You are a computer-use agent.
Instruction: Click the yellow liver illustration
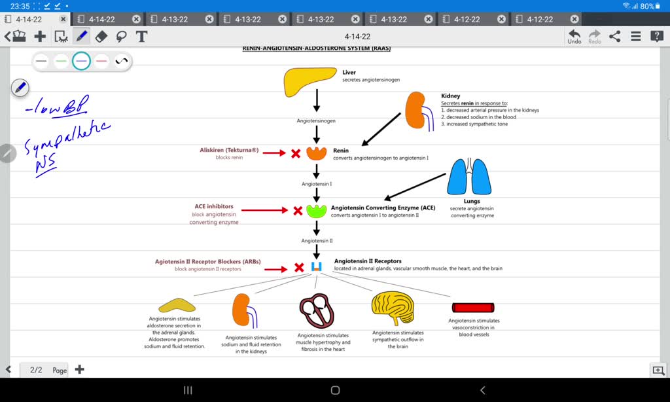click(x=311, y=82)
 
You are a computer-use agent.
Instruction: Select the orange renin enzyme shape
click(x=317, y=154)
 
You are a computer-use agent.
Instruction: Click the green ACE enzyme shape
click(x=317, y=211)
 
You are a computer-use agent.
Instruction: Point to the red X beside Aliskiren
click(x=296, y=154)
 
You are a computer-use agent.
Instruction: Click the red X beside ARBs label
click(x=299, y=267)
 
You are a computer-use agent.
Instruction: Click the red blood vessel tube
click(x=473, y=307)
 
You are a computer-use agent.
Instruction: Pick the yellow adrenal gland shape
click(x=177, y=305)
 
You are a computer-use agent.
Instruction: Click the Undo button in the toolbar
click(x=574, y=36)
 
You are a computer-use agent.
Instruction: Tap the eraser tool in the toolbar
click(x=101, y=36)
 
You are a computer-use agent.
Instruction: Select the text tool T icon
click(x=141, y=36)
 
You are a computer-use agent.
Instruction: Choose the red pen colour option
click(x=101, y=62)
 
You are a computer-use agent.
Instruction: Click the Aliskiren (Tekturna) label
click(x=229, y=150)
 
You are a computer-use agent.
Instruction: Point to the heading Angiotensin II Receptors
click(x=368, y=261)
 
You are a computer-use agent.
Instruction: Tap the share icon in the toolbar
click(x=614, y=36)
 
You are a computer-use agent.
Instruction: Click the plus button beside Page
click(x=80, y=369)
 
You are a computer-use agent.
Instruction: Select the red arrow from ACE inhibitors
click(x=264, y=210)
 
